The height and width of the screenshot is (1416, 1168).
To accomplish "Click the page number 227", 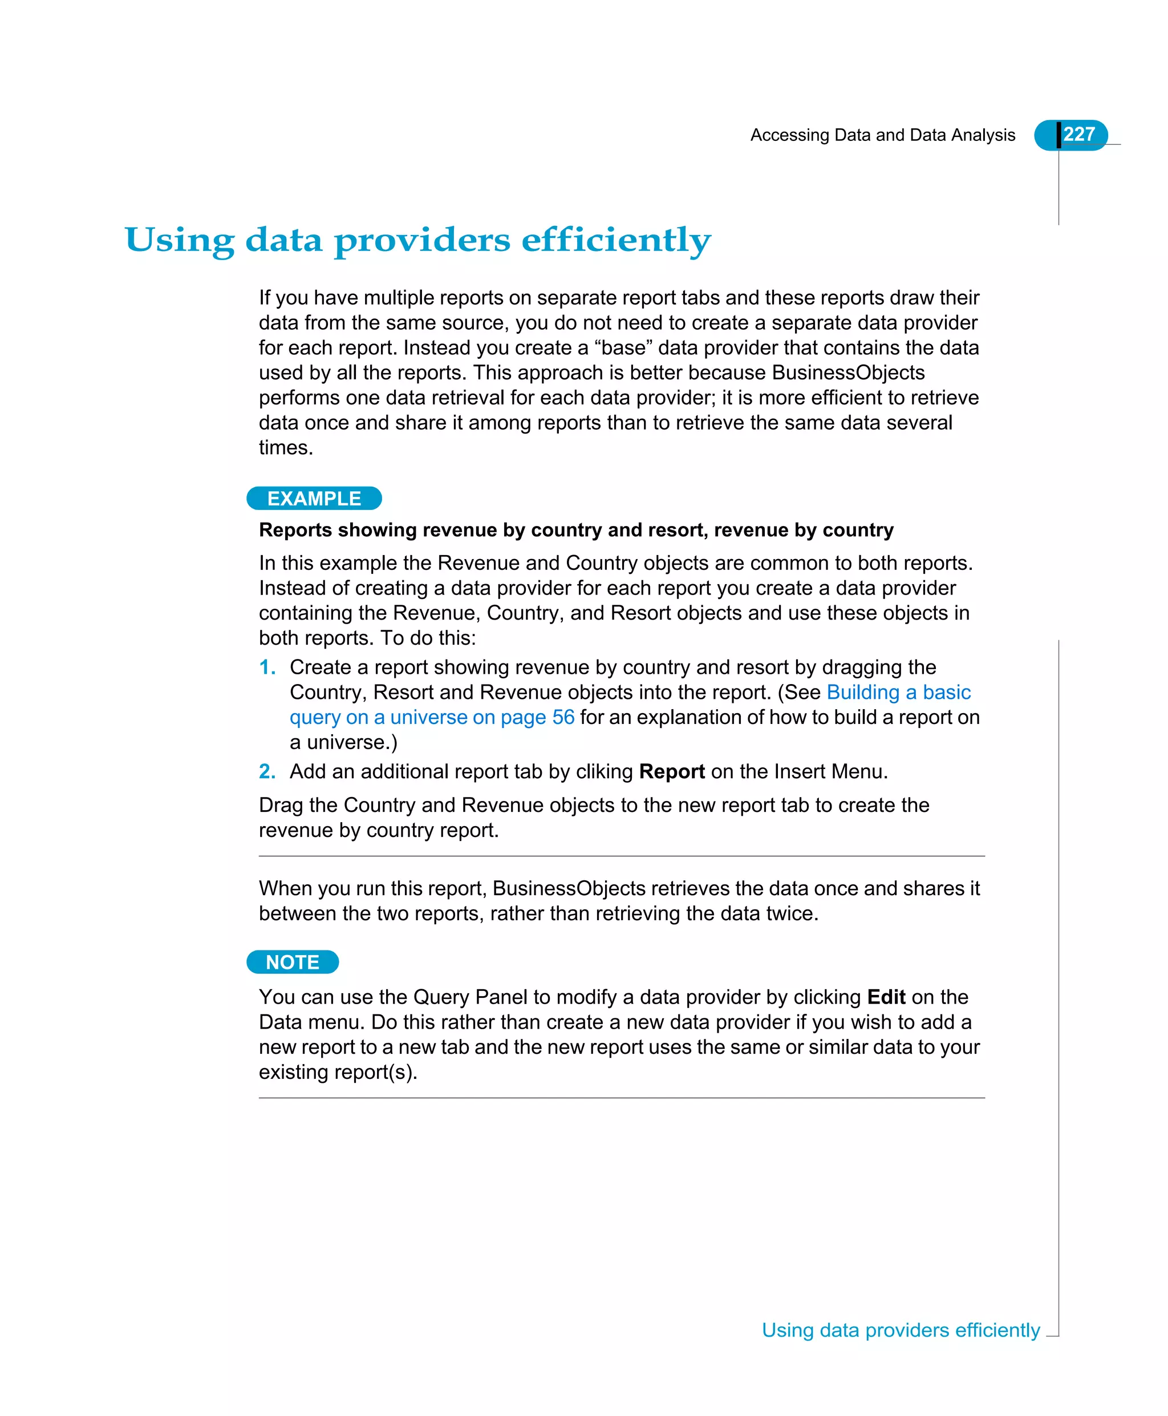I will point(1078,134).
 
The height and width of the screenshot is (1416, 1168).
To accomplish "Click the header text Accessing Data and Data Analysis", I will point(882,135).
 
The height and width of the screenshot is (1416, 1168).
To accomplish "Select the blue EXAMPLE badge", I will point(314,499).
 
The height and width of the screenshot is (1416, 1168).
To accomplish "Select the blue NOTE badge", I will point(293,962).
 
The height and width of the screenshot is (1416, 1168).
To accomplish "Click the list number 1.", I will point(267,667).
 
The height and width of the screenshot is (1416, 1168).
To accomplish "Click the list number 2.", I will point(267,771).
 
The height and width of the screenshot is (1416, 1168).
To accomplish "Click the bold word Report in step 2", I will point(671,771).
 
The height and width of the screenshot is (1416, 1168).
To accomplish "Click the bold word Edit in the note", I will point(886,997).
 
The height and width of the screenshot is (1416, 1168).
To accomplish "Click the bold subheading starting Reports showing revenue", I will point(576,531).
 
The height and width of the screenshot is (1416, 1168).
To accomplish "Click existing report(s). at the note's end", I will point(338,1071).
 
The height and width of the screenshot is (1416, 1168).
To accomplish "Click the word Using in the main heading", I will point(179,240).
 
